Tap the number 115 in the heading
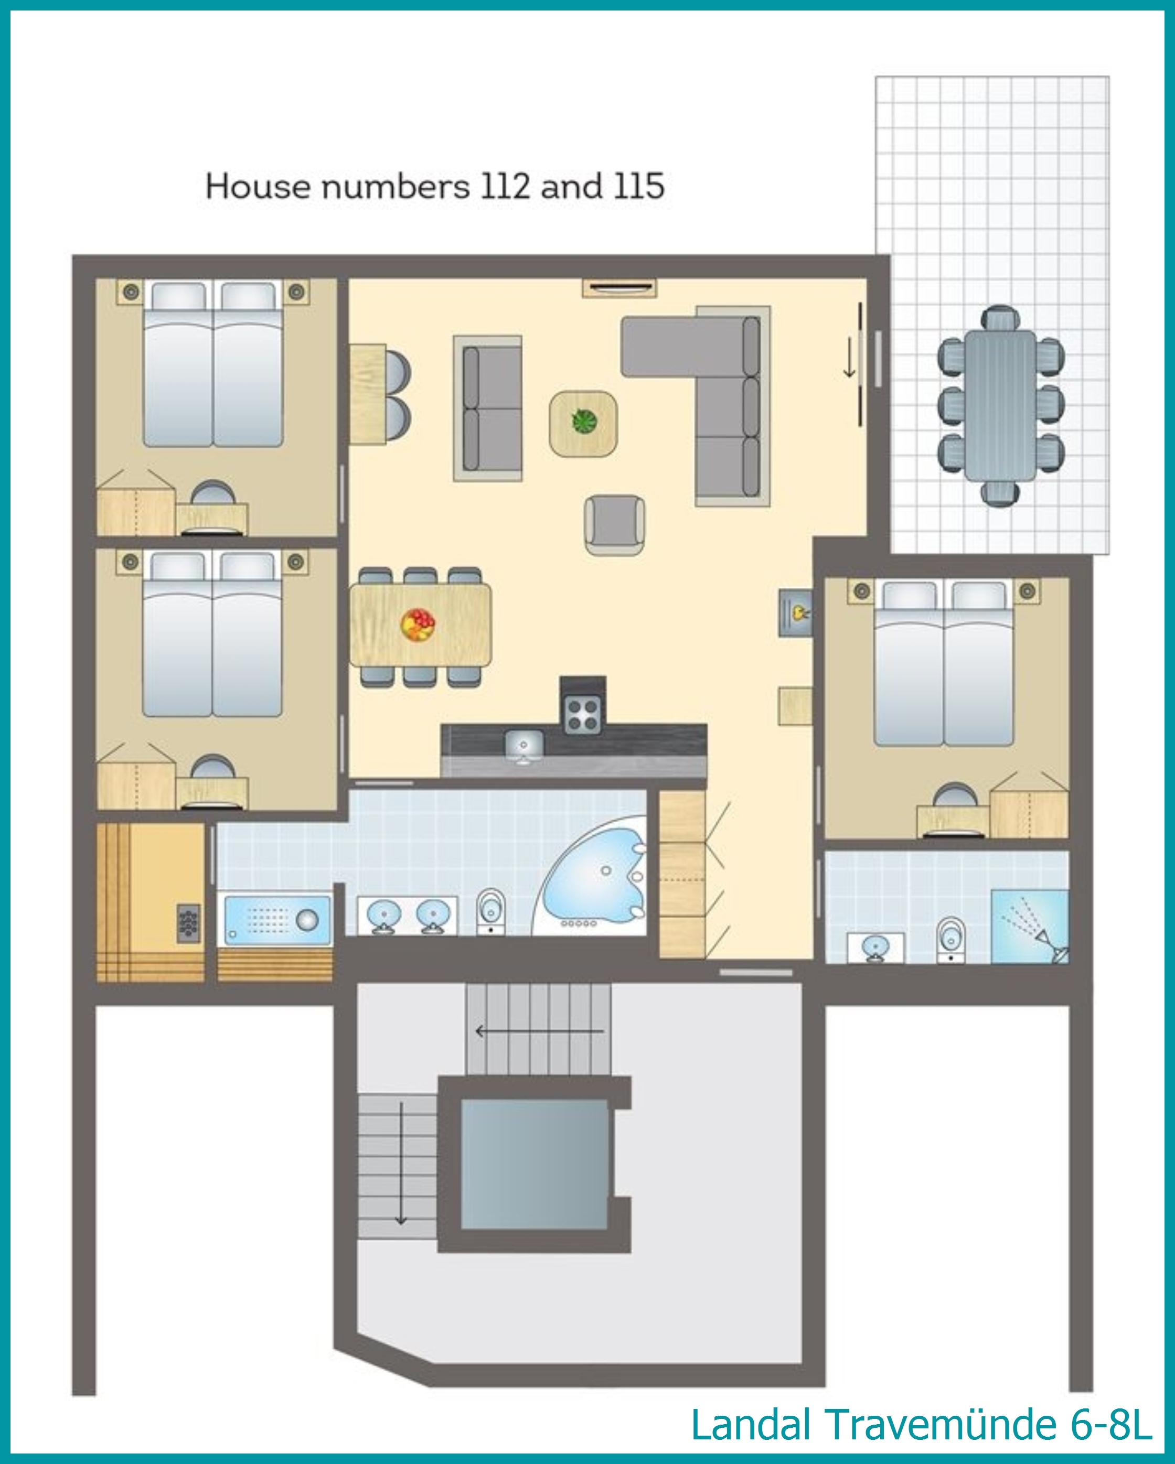[x=638, y=186]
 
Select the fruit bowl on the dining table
[x=418, y=625]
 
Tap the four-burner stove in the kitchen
[x=583, y=714]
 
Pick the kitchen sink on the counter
[x=523, y=746]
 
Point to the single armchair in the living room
[x=615, y=525]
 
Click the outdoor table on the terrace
[x=1000, y=405]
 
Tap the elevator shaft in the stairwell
[x=534, y=1164]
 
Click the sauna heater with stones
[x=189, y=923]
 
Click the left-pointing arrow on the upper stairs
[x=539, y=1031]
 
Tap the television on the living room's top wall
[x=619, y=288]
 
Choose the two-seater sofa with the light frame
[x=488, y=408]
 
